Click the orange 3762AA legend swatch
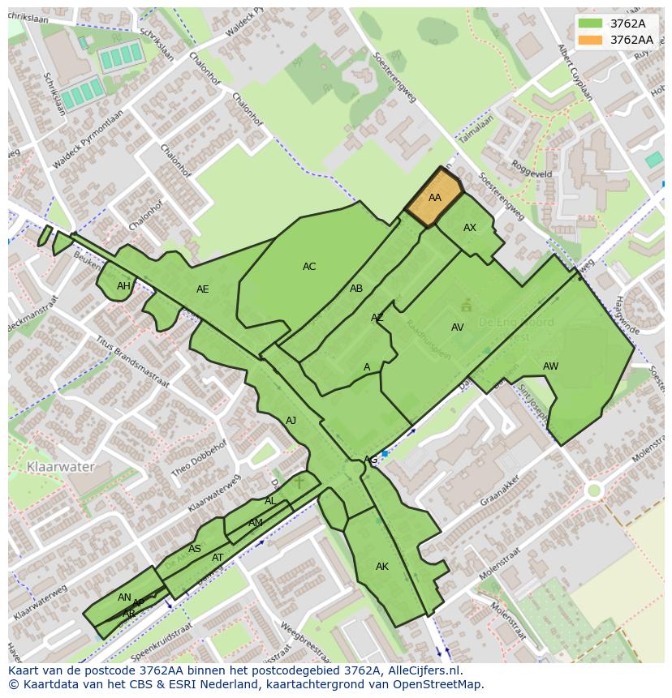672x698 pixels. tap(591, 40)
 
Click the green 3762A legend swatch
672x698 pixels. tap(591, 24)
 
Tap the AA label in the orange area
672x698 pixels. tap(435, 198)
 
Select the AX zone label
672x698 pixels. tap(470, 228)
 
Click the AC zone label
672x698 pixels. tap(309, 267)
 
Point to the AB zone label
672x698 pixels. tap(356, 289)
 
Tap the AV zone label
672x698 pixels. tap(458, 328)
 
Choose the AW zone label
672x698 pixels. tap(550, 366)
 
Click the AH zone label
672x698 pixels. tap(123, 286)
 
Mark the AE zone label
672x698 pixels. tap(203, 289)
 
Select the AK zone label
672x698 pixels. tap(382, 567)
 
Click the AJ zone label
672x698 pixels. tap(291, 421)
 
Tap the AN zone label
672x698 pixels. tap(124, 597)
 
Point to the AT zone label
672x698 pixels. tap(218, 558)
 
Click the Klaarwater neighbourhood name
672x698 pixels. tap(61, 467)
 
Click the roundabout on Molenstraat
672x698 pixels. tap(594, 490)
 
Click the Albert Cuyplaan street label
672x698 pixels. tap(575, 72)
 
